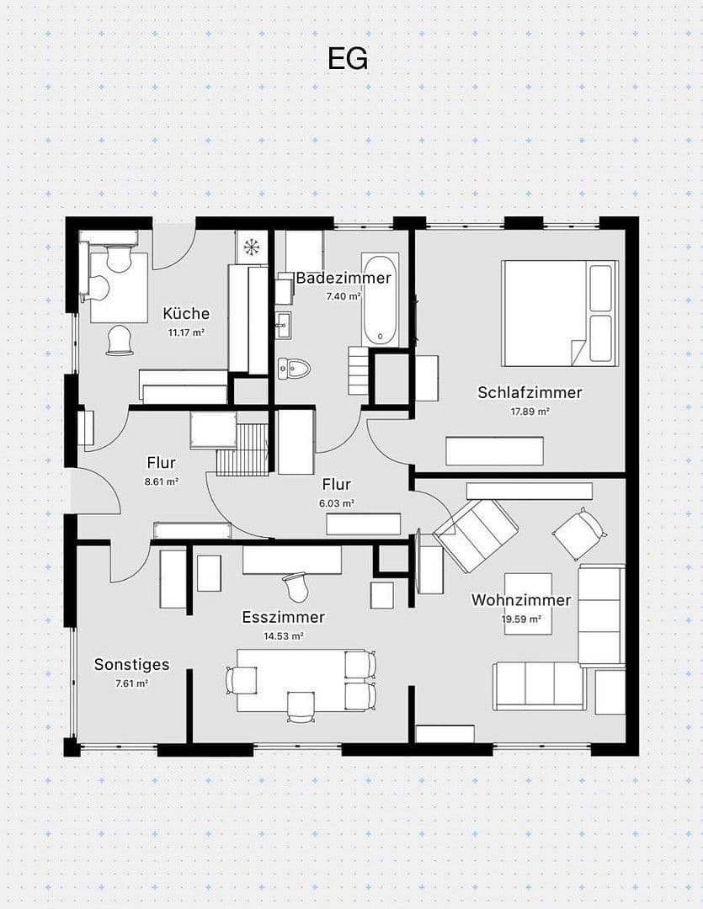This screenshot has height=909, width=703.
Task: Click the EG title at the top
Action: coord(348,59)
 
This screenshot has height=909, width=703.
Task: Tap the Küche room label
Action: coord(186,314)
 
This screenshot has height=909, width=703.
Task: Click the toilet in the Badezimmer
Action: coord(295,368)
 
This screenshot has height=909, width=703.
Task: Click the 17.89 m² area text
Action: coord(530,412)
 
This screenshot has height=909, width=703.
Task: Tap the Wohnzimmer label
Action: coord(521,600)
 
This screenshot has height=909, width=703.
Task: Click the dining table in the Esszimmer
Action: coord(290,678)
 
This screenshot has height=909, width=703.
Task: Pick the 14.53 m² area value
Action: coord(284,636)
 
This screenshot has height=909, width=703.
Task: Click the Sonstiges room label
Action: coord(131,664)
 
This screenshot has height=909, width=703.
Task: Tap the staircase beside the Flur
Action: coord(243,450)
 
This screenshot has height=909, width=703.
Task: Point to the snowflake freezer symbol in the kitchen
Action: coord(251,247)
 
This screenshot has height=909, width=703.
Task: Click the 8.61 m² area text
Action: coord(162,481)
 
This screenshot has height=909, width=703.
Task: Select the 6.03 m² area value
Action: coord(337,503)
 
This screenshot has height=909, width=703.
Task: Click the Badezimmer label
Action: coord(343,278)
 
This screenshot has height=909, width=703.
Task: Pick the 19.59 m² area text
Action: coord(521,619)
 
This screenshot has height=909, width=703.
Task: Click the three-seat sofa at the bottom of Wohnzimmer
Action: coord(539,685)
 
